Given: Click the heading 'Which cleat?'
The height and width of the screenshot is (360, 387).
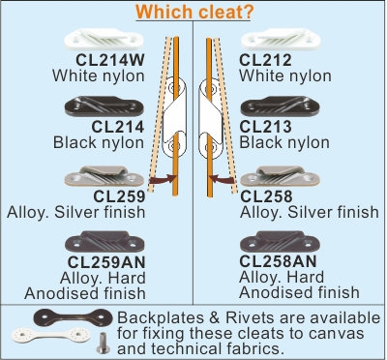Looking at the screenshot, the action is pos(194,14).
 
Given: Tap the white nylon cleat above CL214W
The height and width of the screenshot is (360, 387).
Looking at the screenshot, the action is pos(101,41).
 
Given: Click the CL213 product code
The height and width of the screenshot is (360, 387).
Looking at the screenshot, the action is pos(266,126).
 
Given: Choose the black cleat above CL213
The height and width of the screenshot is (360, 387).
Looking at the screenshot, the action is pos(278,106).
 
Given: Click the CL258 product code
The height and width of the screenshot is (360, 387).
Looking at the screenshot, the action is pos(266,195).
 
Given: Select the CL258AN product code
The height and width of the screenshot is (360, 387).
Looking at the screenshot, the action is pos(281,260).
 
